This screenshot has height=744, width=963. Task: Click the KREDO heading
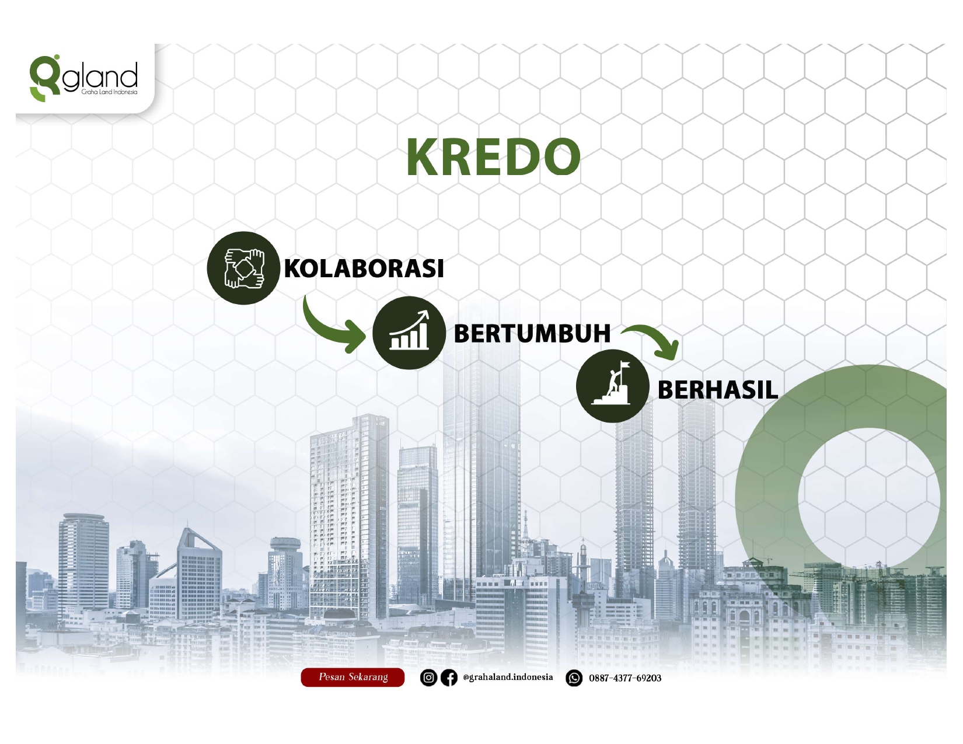pos(493,157)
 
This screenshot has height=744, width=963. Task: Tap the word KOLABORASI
pos(364,268)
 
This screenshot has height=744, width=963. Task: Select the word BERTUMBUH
pos(532,334)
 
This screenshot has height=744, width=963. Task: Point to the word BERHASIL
pos(717,390)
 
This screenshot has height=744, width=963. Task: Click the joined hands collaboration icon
pos(243,268)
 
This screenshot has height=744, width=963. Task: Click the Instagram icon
pos(428,677)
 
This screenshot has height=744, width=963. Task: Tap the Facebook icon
pos(449,677)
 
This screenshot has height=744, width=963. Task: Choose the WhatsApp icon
pos(574,678)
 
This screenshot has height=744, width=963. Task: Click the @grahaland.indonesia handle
pos(508,677)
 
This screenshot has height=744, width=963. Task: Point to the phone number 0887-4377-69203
pos(625,678)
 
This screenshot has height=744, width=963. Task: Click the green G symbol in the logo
pos(44,78)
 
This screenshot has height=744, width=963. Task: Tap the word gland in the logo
pos(100,76)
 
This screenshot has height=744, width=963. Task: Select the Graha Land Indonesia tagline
pos(109,92)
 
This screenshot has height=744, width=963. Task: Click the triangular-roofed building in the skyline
pos(199,573)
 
